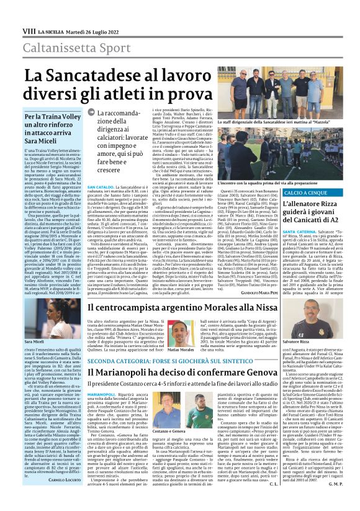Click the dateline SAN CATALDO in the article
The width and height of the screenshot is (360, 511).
(100, 186)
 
